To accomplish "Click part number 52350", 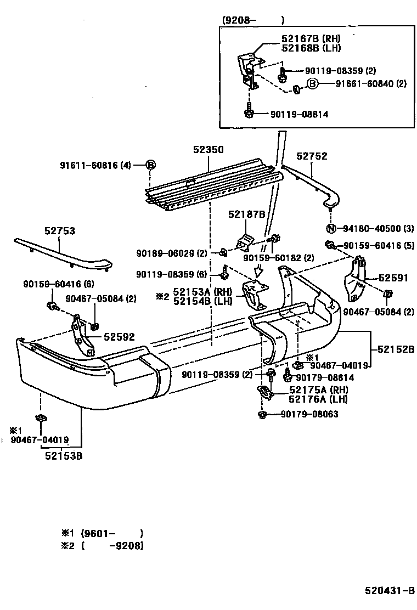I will [208, 149].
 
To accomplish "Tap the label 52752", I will [312, 156].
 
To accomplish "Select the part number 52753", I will [60, 231].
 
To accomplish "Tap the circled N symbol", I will [331, 229].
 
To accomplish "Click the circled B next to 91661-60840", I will [311, 84].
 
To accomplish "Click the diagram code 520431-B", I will [390, 591].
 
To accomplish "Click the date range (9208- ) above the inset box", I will [253, 20].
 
